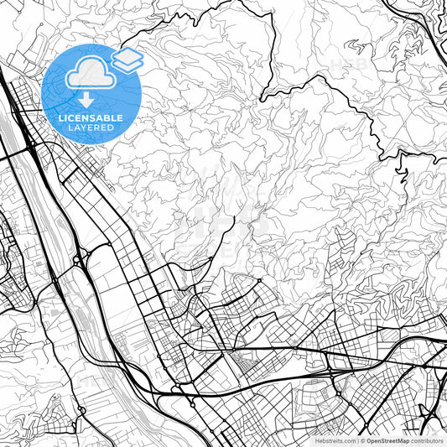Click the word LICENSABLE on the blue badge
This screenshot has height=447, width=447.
(x=91, y=118)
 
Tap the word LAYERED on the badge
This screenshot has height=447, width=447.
(x=91, y=128)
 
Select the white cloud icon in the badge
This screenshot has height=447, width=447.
(x=91, y=74)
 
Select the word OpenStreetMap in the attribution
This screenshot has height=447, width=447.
(x=385, y=440)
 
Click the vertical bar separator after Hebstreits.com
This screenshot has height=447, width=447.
(x=356, y=440)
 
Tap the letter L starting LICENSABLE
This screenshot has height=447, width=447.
(x=60, y=118)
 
